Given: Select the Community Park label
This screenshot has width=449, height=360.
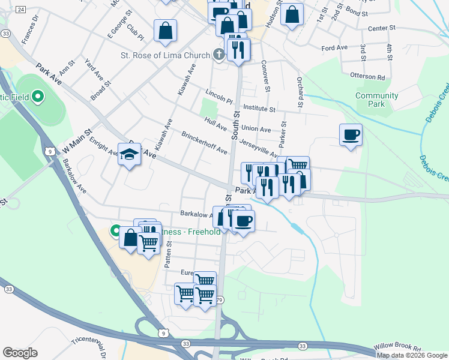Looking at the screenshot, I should tap(376, 100).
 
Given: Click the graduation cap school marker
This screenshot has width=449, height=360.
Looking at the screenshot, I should tap(129, 155).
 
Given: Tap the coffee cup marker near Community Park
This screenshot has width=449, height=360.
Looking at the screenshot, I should tap(351, 135).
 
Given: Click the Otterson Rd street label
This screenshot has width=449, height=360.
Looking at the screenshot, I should tap(367, 77).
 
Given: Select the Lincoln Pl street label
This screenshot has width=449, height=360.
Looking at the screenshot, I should tap(218, 95).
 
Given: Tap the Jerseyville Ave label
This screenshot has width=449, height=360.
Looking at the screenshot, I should tap(259, 148).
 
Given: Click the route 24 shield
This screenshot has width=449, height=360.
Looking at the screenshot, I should tap(21, 10).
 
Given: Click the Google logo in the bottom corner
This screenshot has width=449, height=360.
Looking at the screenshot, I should tap(20, 353).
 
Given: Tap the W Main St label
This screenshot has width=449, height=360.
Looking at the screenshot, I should tap(76, 141).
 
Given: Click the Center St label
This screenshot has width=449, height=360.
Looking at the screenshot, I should tap(382, 28).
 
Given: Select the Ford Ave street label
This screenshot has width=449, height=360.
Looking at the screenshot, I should tap(334, 47).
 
